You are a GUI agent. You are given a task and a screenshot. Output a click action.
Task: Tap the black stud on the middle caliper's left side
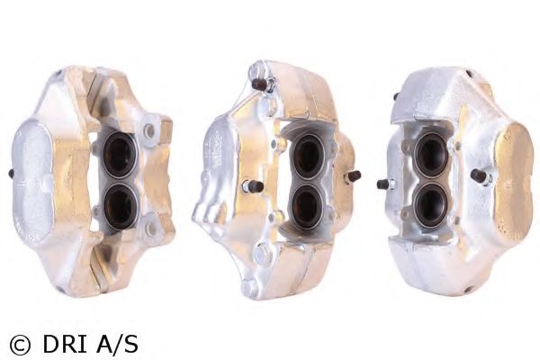[252, 186]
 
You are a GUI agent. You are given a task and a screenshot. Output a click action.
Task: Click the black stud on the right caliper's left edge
[384, 184]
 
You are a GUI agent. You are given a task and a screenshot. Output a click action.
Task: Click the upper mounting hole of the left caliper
[149, 131]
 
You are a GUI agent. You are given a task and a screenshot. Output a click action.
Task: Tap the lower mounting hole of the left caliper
[150, 229]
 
